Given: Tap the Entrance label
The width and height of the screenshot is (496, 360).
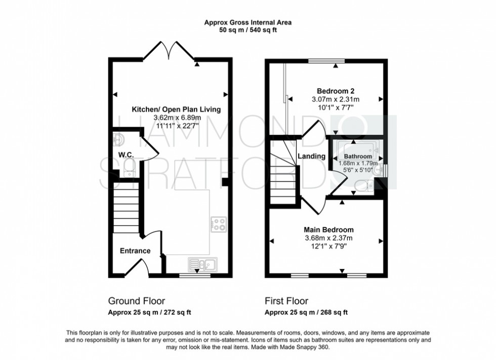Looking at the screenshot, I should [x=135, y=251].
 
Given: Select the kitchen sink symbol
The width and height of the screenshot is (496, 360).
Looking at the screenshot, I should [x=202, y=264].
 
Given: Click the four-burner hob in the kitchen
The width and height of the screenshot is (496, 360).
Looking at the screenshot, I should [x=219, y=223].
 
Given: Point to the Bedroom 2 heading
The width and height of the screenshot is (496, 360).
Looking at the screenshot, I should [x=328, y=91].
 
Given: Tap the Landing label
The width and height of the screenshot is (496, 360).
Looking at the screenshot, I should [x=311, y=156].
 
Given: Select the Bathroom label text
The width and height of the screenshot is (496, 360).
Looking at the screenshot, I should [x=358, y=157].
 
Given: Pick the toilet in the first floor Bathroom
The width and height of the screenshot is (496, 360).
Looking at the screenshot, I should [x=363, y=187].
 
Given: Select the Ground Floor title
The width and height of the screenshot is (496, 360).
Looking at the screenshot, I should [x=137, y=301].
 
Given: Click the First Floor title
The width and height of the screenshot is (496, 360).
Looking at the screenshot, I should [x=287, y=301].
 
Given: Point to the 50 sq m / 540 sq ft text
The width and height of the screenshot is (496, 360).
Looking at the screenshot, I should [x=248, y=30].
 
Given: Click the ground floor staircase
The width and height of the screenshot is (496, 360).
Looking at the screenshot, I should [x=125, y=208].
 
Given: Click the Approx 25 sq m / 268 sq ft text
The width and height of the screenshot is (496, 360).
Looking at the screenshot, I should [x=306, y=312].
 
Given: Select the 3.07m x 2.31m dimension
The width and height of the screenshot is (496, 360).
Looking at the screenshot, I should [x=335, y=99].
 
